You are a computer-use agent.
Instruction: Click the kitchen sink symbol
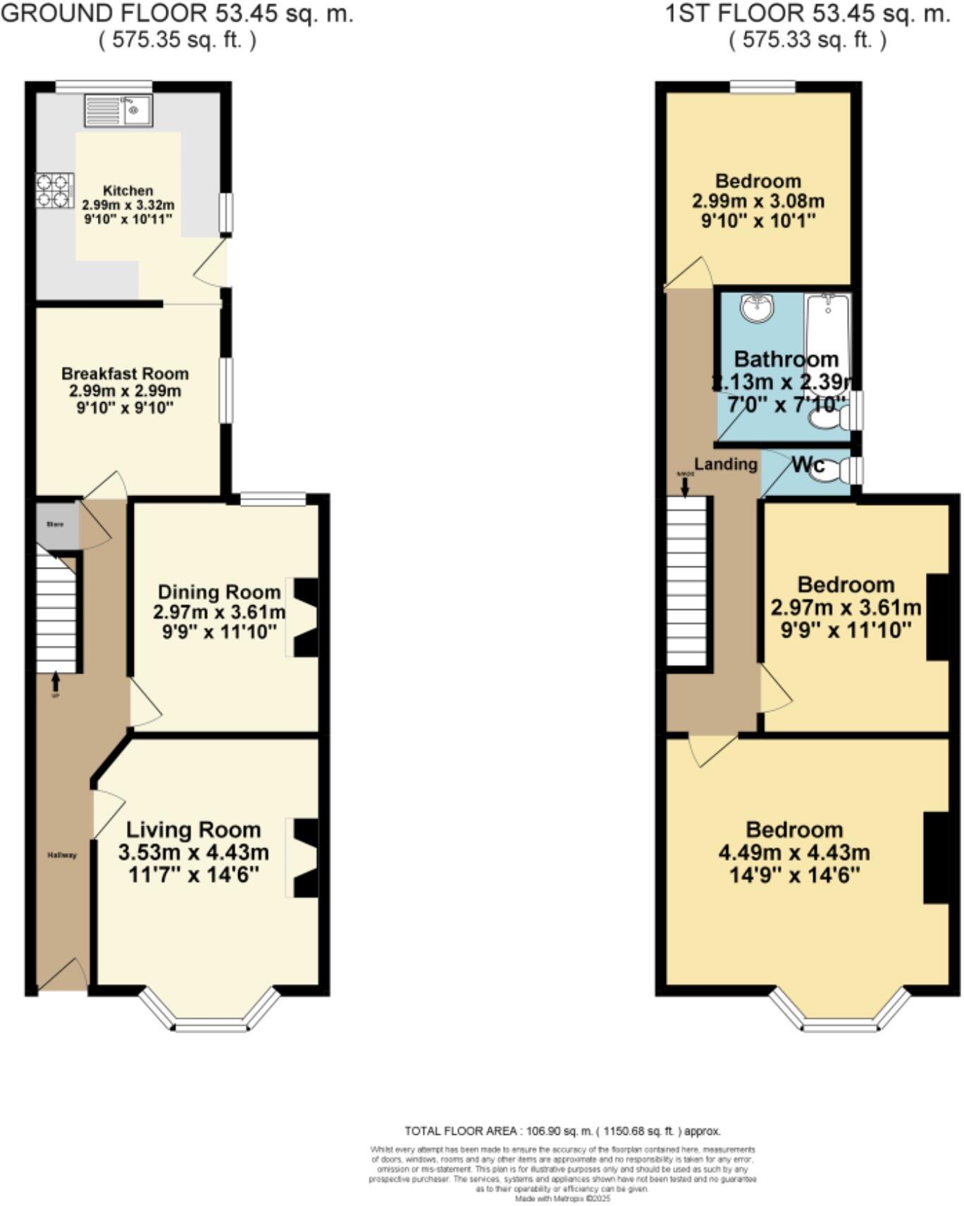tap(118, 111)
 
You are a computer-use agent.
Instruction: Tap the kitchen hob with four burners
tap(55, 191)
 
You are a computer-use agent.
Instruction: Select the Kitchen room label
tap(128, 191)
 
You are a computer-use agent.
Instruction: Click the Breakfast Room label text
tap(125, 374)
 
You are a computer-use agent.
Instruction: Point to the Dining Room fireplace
tap(304, 618)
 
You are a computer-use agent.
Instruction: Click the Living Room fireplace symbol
tap(304, 857)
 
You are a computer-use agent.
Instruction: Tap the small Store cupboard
tap(56, 525)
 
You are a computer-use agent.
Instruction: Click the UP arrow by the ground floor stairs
tap(56, 681)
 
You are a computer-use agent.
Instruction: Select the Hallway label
tap(62, 855)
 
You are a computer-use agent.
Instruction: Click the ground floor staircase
tap(56, 613)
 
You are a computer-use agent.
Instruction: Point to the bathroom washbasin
tap(758, 308)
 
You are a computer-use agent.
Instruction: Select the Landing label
tap(726, 464)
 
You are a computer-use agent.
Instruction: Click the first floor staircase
tap(687, 581)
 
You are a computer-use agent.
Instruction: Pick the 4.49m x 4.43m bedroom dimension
tap(794, 852)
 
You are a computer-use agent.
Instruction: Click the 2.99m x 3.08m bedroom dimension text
tap(758, 201)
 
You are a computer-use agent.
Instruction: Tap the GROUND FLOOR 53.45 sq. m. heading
tap(177, 13)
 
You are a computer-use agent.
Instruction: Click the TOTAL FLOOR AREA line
tap(562, 1131)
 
